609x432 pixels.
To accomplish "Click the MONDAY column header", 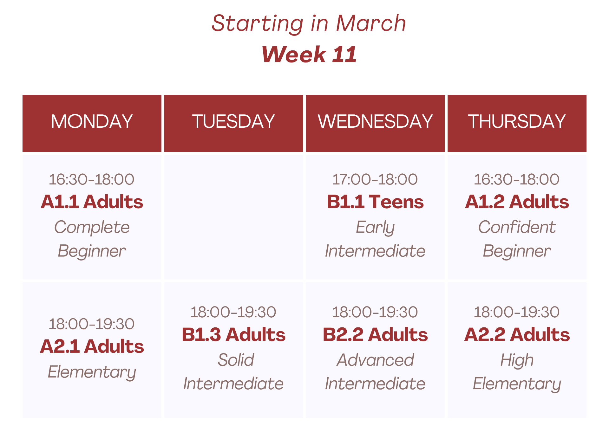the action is [92, 121].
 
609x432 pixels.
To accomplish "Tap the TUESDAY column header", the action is [233, 121].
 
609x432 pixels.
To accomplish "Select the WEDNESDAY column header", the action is [375, 121].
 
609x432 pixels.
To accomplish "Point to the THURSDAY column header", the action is [517, 121].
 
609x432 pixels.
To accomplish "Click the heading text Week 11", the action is [309, 55].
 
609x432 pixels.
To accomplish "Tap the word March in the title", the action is [371, 23].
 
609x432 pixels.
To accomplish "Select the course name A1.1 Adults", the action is [92, 202].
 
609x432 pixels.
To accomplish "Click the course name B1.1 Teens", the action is [375, 202].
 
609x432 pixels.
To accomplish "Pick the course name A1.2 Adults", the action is [517, 202].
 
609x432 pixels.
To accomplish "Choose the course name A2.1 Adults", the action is [92, 346].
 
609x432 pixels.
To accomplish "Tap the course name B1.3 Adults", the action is [233, 334].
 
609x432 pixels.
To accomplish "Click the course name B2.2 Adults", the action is [375, 334].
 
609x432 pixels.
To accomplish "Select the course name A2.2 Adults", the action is [517, 334].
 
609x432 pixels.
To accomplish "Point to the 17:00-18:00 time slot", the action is [375, 179].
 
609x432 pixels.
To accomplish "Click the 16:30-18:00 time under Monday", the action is [92, 179].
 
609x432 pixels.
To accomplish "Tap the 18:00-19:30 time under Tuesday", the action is [233, 312].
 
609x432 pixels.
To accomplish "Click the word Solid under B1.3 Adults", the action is [236, 360].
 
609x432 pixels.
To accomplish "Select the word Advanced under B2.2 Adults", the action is [375, 360].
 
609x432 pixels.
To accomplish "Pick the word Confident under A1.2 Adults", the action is [517, 227].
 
